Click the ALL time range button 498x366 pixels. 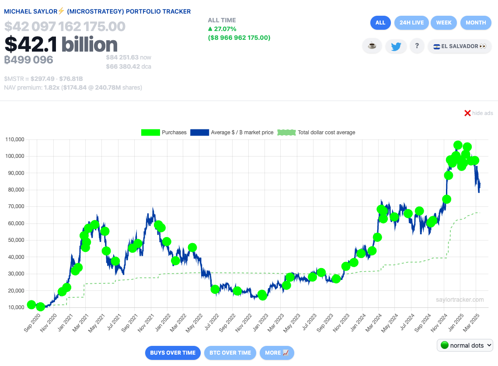tap(380, 23)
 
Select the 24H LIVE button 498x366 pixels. tap(411, 23)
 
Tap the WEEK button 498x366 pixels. tap(444, 23)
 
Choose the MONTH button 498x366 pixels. tap(476, 23)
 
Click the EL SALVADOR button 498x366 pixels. tap(460, 46)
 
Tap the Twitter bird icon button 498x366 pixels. tap(396, 46)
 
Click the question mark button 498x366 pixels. tap(417, 46)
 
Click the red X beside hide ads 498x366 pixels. tap(467, 113)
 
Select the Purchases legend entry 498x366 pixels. tap(164, 132)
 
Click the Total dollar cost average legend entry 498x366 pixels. tap(317, 132)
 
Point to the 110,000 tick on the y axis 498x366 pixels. tap(14, 139)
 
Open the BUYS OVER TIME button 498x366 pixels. tap(173, 353)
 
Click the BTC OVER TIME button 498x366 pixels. tap(230, 353)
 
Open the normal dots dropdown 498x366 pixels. tap(465, 345)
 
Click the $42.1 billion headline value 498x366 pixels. tap(61, 45)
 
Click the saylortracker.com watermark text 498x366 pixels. tap(460, 300)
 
